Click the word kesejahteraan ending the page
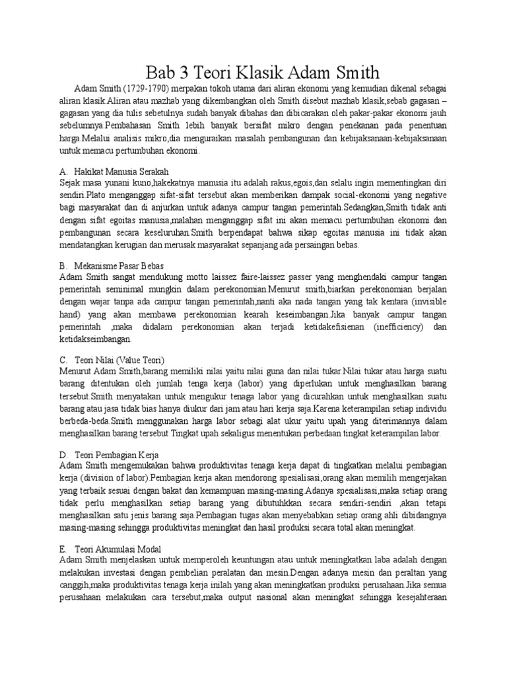(x=416, y=599)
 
